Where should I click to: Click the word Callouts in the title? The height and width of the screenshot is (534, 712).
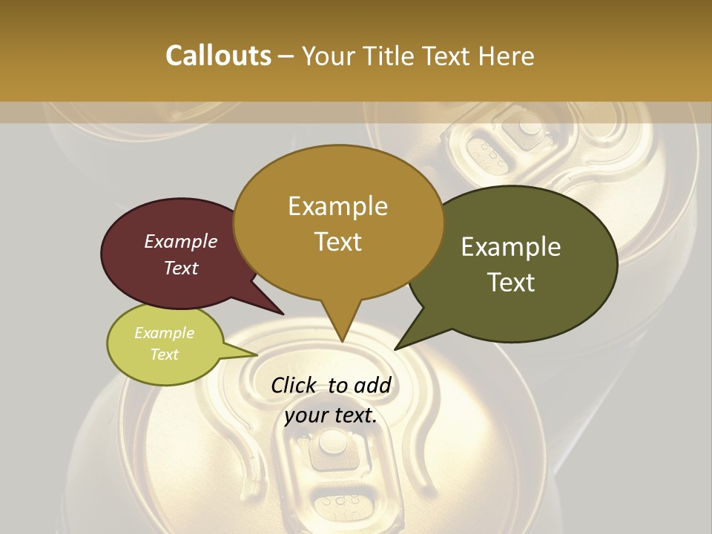tap(218, 56)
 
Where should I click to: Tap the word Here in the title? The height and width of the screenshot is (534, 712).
tap(507, 56)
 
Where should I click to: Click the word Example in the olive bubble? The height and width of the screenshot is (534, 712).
tap(511, 247)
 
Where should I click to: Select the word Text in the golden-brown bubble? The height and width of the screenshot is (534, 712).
tap(338, 242)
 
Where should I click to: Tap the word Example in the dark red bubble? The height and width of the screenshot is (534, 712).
tap(181, 241)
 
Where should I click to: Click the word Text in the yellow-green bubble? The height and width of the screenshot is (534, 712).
tap(165, 355)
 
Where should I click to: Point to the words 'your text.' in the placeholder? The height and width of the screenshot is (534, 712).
tap(331, 415)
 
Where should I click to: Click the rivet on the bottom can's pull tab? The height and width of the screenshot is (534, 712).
tap(332, 444)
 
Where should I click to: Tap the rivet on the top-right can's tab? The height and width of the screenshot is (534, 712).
tap(530, 125)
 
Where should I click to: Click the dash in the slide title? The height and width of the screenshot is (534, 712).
tap(287, 56)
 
